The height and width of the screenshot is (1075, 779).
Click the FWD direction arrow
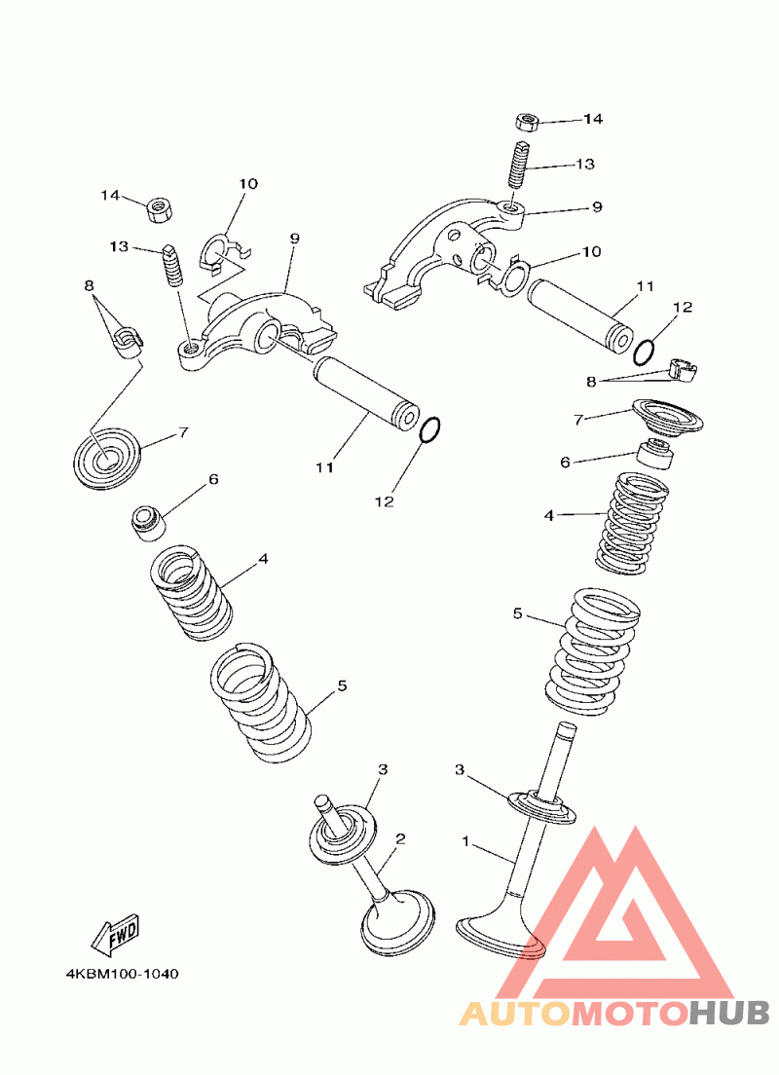tap(117, 935)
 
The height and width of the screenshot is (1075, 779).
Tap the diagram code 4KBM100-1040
tap(122, 974)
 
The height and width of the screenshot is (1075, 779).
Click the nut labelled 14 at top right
tap(526, 123)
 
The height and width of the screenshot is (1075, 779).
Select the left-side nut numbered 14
tap(159, 208)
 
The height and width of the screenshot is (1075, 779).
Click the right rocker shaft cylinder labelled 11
tap(579, 316)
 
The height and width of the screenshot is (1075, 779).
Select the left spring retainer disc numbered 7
tap(107, 458)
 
